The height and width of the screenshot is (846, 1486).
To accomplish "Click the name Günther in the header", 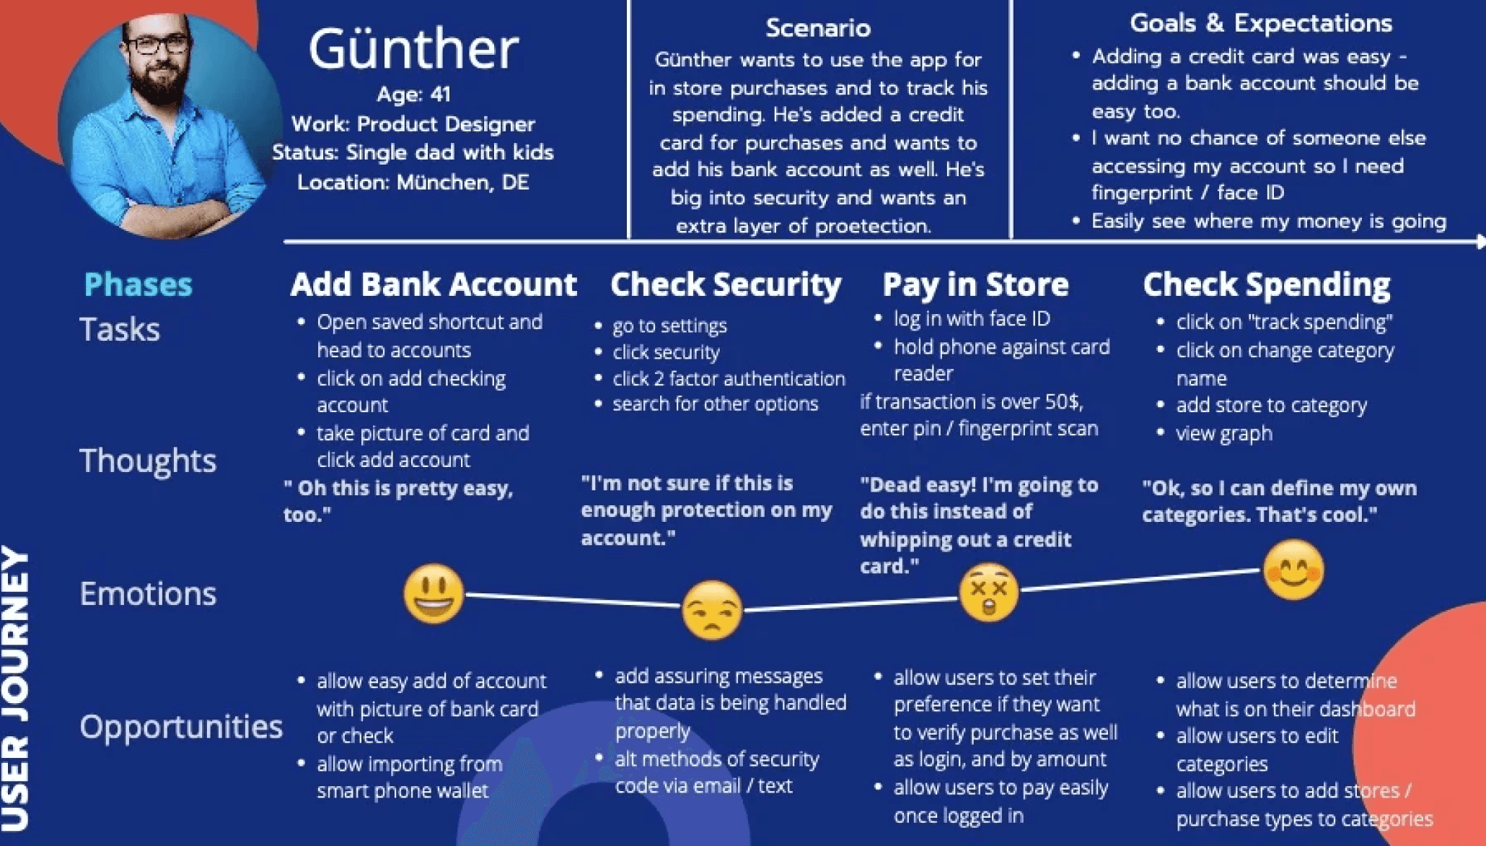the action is pos(413,48).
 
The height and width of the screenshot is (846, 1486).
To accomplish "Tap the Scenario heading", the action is pos(818,27).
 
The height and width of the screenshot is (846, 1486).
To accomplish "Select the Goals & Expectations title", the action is pos(1261,23).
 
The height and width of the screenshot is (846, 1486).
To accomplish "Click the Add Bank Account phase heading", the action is pos(434,284).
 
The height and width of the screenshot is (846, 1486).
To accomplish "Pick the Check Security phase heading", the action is pos(726,285).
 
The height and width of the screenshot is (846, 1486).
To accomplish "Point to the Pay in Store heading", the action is pos(975,285).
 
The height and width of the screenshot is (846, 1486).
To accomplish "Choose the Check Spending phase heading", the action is pos(1267,285).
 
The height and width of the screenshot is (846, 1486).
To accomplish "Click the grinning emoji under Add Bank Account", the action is pos(434,594).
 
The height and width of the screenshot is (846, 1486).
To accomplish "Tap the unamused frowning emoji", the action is pos(712,611).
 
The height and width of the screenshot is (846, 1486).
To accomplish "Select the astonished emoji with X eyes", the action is pos(989,593).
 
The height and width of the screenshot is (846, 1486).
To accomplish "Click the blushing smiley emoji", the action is pos(1294,570).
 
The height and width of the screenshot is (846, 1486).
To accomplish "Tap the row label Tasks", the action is pos(119,329).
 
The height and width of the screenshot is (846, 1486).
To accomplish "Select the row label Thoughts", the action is pos(148,461).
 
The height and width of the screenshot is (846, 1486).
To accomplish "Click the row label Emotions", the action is pos(148,593).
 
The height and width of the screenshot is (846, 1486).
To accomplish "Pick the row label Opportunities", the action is pos(181,727).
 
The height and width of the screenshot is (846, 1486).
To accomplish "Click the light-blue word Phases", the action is pos(138,284).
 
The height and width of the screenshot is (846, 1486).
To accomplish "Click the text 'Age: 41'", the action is pos(413,94).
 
